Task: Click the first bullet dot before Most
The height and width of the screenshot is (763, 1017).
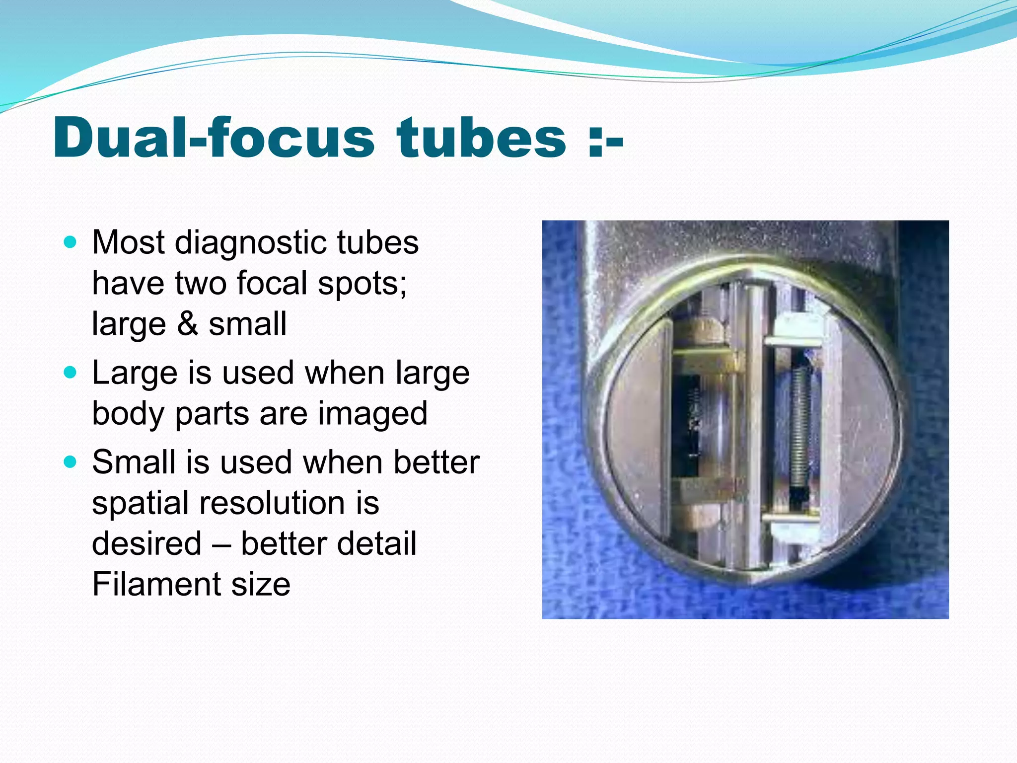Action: tap(71, 242)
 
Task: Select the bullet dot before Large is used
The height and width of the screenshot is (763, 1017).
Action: tap(71, 372)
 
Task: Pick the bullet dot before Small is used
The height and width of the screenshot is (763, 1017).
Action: tap(71, 462)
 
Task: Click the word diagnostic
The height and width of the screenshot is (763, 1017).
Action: tap(250, 243)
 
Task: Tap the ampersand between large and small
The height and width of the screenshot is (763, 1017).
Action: tap(187, 324)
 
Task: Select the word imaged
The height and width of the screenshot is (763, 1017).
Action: tap(372, 413)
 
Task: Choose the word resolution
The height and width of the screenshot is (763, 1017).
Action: tap(272, 503)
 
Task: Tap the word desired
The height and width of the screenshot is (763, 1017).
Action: tap(147, 543)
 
